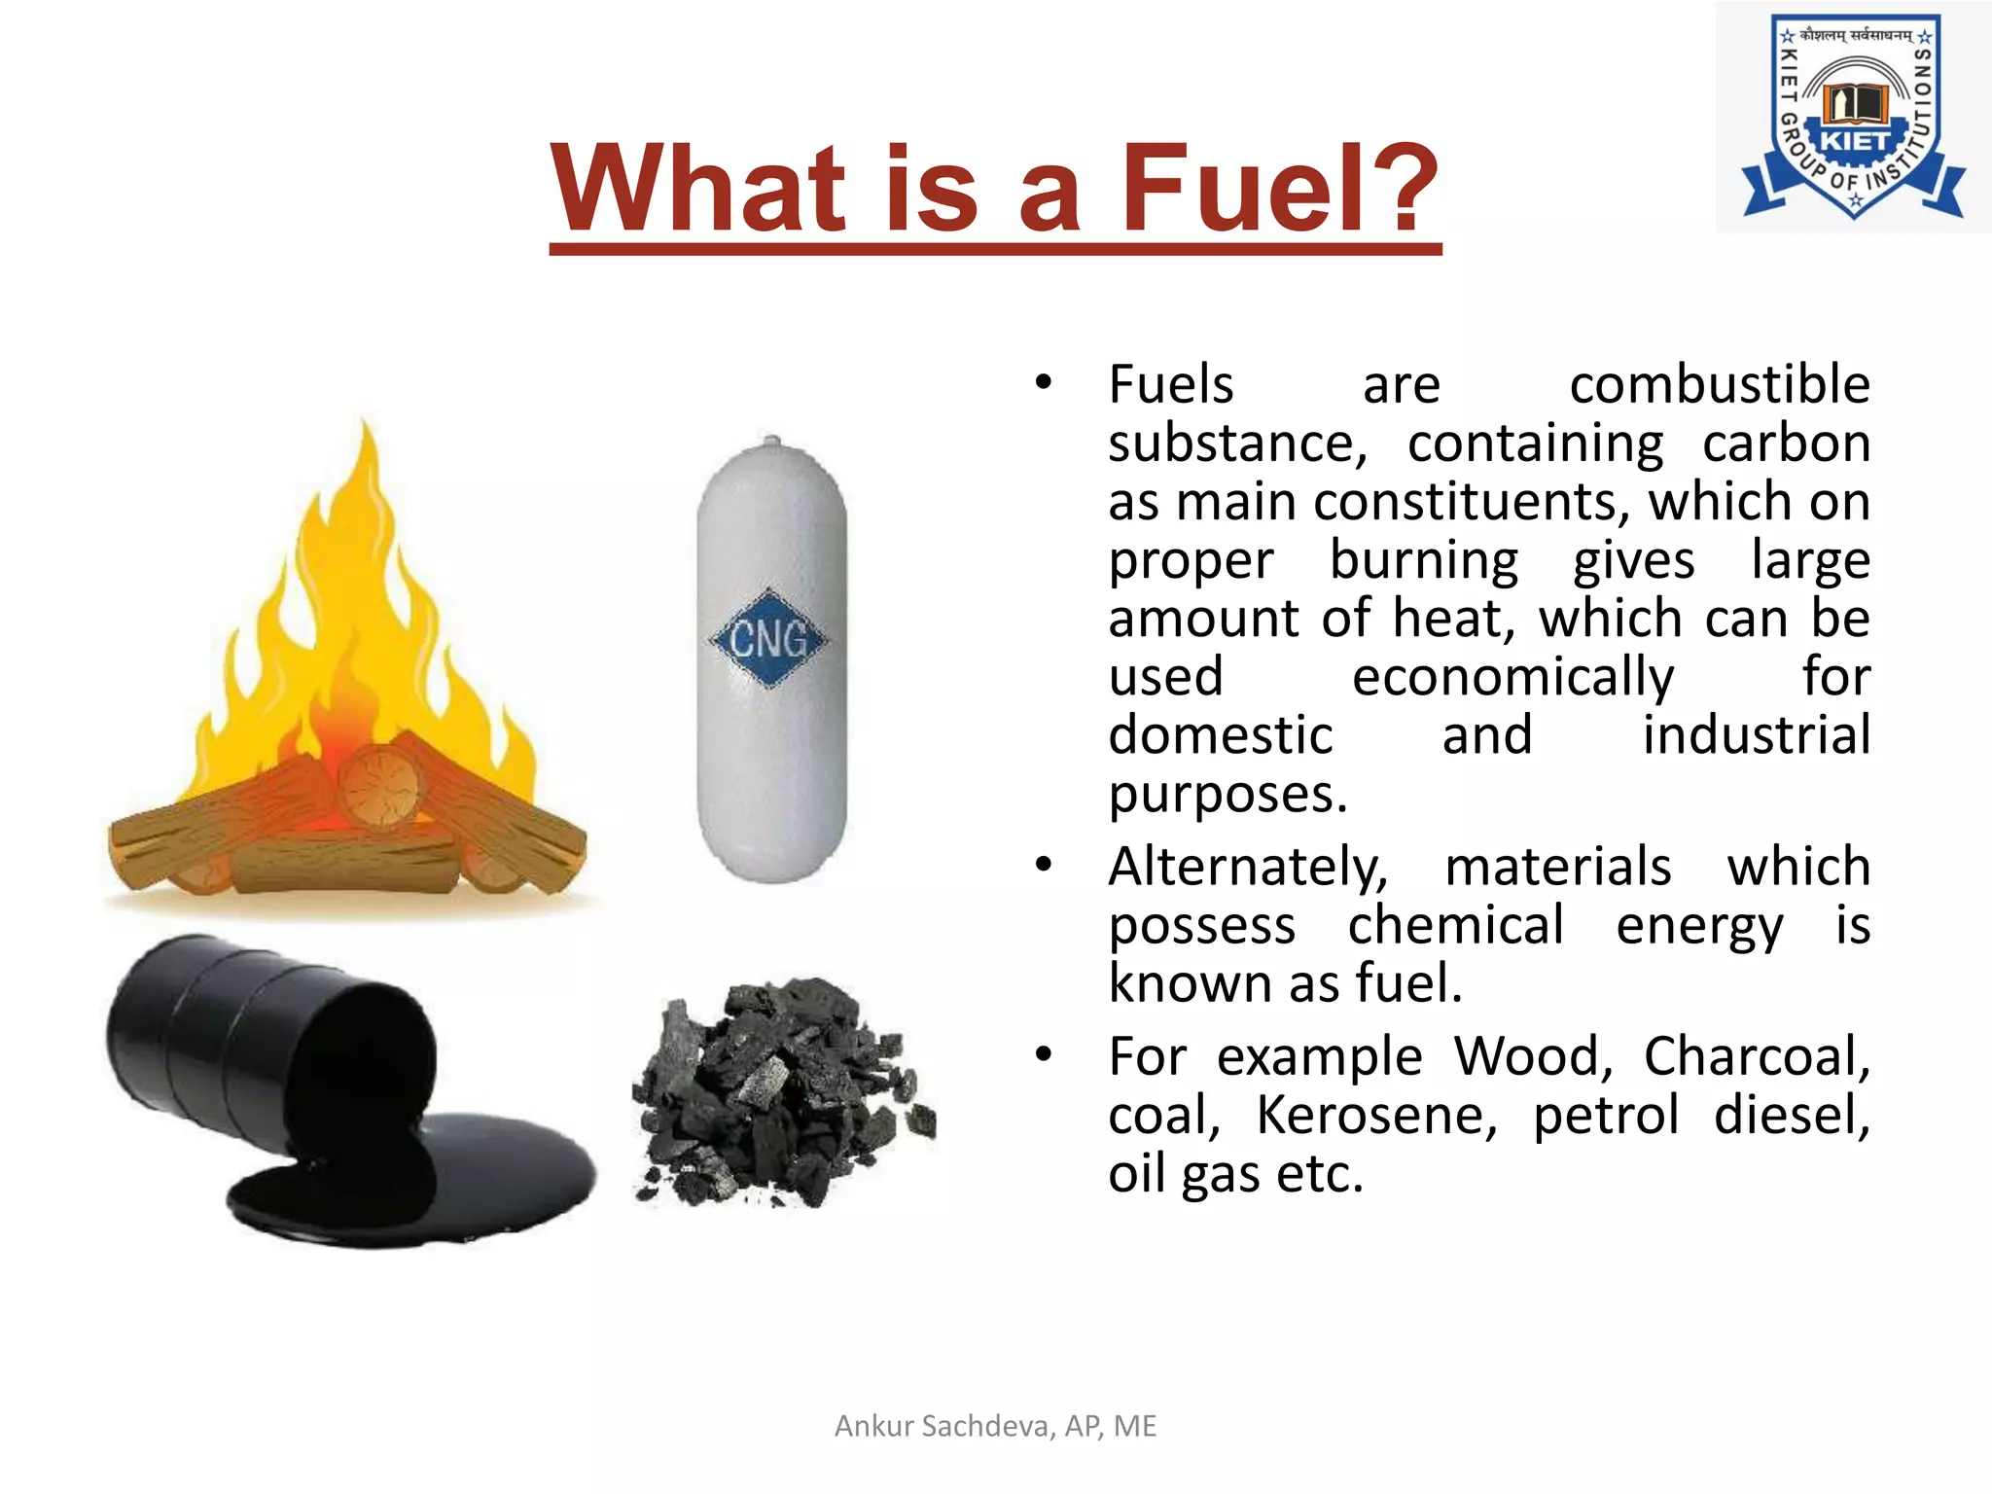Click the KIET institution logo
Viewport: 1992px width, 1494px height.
pyautogui.click(x=1853, y=117)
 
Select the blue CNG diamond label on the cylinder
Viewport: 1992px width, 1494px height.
pyautogui.click(x=768, y=639)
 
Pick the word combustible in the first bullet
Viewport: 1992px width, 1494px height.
pyautogui.click(x=1719, y=384)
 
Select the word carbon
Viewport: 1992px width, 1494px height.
pyautogui.click(x=1786, y=444)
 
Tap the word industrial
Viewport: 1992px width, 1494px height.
pyautogui.click(x=1756, y=735)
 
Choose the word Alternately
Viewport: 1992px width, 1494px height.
pyautogui.click(x=1248, y=867)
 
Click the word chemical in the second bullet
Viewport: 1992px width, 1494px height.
pyautogui.click(x=1455, y=925)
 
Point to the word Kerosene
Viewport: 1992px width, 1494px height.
pyautogui.click(x=1376, y=1115)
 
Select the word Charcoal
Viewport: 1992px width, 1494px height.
pyautogui.click(x=1756, y=1056)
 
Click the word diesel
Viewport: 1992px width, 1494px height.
pyautogui.click(x=1791, y=1115)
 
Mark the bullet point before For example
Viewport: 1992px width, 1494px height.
pyautogui.click(x=1044, y=1054)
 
